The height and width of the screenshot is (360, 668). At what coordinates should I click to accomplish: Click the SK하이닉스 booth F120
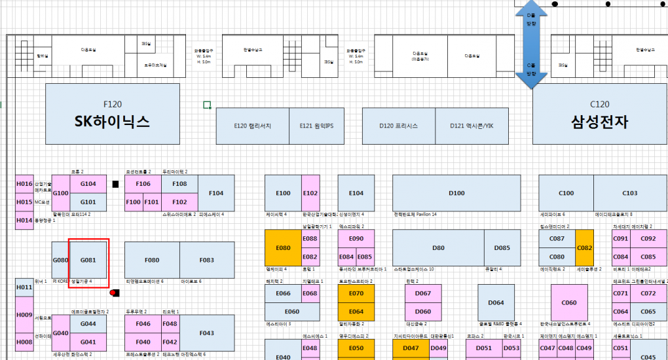pos(113,113)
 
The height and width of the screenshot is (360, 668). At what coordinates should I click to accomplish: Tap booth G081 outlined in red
pos(88,260)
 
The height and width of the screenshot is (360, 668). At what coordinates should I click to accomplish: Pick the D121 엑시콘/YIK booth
pos(472,126)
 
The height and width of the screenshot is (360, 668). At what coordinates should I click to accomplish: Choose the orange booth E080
pos(283,248)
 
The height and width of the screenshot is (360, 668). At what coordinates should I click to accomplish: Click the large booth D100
pos(456,193)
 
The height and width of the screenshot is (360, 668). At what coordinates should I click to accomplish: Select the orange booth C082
pos(584,248)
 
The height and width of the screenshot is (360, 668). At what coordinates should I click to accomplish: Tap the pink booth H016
pos(24,184)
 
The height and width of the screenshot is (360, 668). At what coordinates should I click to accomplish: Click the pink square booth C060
pos(568,302)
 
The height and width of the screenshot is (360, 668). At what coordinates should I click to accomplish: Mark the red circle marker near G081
pos(113,293)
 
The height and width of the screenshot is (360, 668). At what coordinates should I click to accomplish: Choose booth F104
pos(216,193)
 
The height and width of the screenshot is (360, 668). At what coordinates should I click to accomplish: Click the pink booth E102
pos(310,193)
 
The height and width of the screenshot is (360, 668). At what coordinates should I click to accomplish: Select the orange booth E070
pos(356,294)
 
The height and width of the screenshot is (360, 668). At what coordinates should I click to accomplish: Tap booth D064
pos(496,302)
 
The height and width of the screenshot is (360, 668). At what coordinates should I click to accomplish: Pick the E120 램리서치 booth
pos(253,126)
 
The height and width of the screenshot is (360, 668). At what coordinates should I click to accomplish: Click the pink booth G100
pos(61,193)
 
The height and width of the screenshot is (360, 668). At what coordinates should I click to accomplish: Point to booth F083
pos(207,260)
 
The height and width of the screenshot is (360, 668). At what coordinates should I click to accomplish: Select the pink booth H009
pos(24,315)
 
